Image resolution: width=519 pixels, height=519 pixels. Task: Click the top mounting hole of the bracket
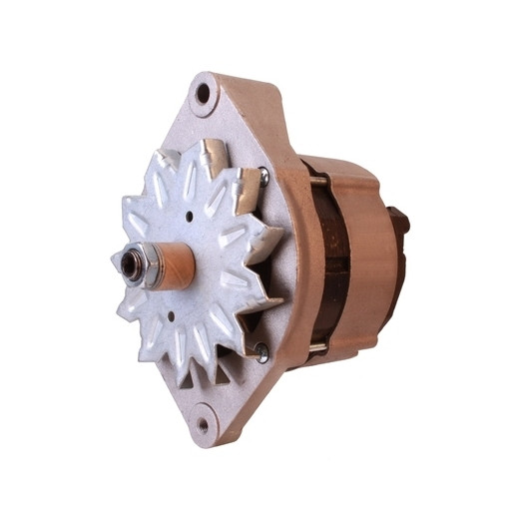204,94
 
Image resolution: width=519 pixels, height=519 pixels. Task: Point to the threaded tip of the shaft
125,265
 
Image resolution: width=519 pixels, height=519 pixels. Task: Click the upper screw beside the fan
264,178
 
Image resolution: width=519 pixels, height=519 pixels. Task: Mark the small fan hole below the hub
171,317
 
